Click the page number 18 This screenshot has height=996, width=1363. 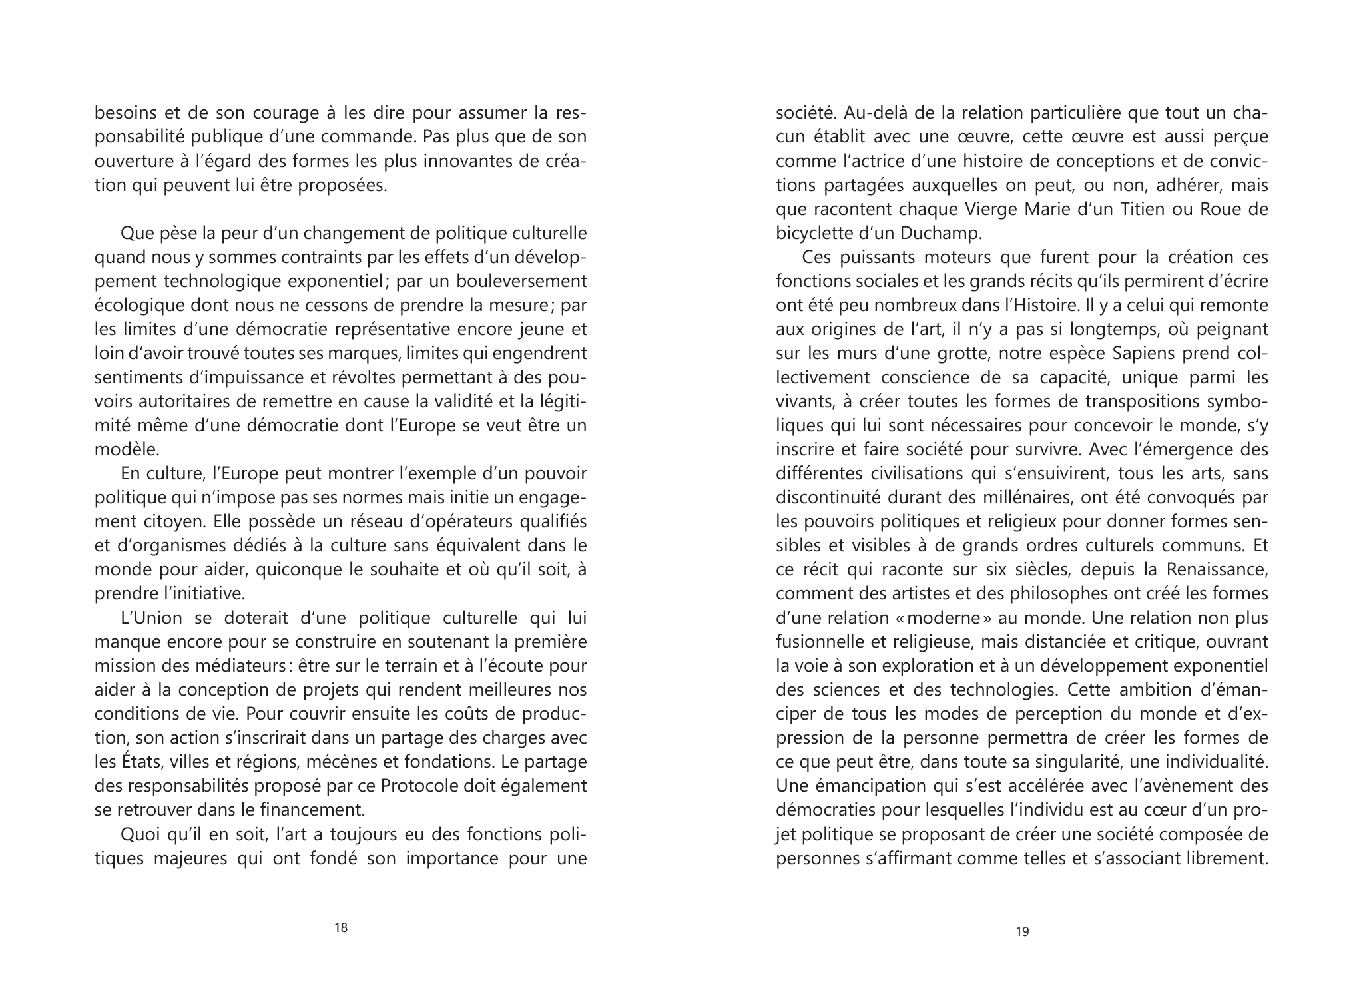tap(340, 927)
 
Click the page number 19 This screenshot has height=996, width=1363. tap(1022, 931)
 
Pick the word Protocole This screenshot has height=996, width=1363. tap(417, 786)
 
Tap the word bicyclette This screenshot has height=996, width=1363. tap(810, 233)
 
